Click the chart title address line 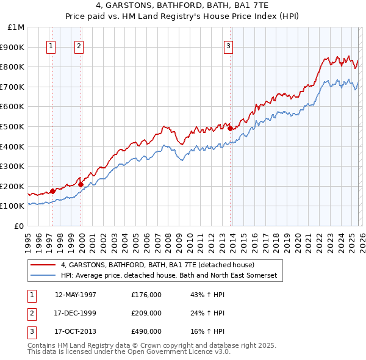182,5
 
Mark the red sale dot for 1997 52,191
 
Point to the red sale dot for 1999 81,184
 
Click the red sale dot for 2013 230,128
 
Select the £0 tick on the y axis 20,226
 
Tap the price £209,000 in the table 146,313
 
